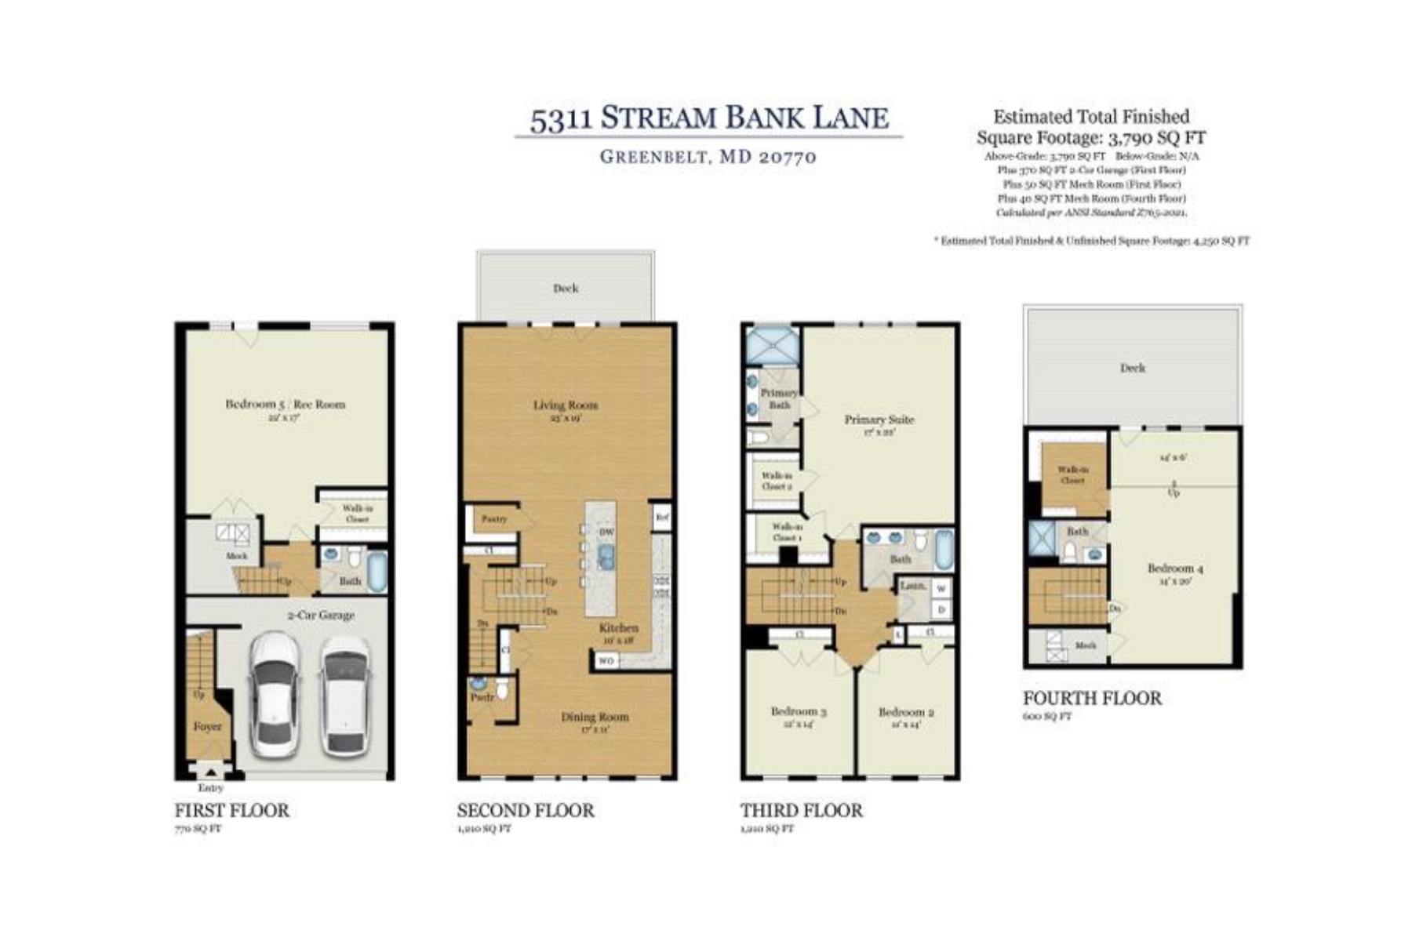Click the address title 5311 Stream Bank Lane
(x=708, y=118)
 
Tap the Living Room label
(x=565, y=405)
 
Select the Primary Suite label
(x=879, y=420)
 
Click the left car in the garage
(x=274, y=694)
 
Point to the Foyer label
(x=207, y=727)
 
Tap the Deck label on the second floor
(x=565, y=289)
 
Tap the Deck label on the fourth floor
(x=1132, y=368)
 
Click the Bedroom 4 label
(x=1174, y=569)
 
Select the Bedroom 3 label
(x=798, y=711)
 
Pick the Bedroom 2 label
(x=905, y=712)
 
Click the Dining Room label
(x=594, y=717)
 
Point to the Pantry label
(x=493, y=519)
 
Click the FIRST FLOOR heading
(x=231, y=811)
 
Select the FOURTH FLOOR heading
(x=1091, y=699)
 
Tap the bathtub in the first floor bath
(x=377, y=572)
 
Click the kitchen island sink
(x=606, y=557)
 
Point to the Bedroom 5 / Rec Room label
(x=285, y=405)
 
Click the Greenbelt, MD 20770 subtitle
(x=708, y=157)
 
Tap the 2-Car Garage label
(x=320, y=616)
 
